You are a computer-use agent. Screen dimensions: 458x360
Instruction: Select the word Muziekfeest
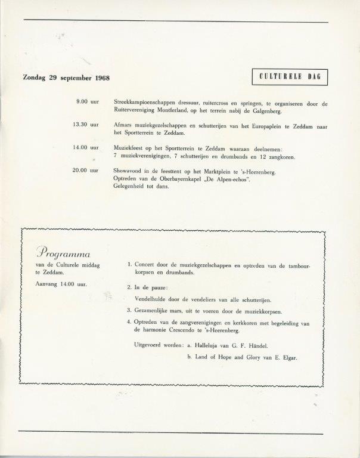[x=130, y=147]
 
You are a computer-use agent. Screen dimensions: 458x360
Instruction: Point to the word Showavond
[x=128, y=170]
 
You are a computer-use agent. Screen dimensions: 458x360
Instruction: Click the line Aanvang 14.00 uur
[x=61, y=283]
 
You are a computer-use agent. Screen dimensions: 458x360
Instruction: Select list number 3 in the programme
[x=129, y=311]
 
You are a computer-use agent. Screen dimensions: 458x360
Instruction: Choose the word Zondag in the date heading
[x=35, y=78]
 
